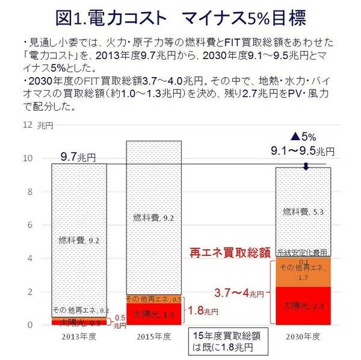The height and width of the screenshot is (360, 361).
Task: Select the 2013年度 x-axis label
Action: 79,335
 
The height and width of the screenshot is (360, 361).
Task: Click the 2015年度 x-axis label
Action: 153,335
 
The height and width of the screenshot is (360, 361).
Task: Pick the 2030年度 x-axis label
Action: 302,335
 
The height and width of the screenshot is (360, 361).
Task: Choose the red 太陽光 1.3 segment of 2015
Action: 153,314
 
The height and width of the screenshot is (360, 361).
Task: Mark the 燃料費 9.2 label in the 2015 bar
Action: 153,217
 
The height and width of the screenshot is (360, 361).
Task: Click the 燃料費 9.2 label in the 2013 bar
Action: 79,240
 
